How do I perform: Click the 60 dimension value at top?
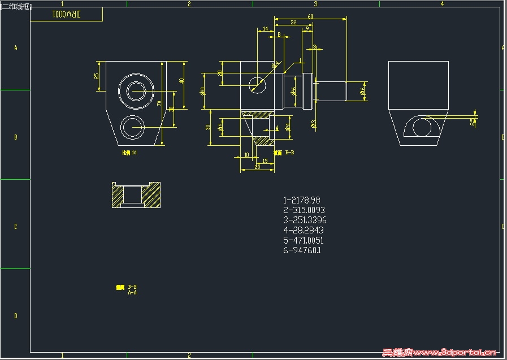(310, 16)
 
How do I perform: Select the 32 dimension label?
(293, 23)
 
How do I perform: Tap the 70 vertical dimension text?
(159, 103)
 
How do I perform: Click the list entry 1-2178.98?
(302, 200)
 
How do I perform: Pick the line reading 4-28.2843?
(303, 230)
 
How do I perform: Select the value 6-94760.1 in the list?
(302, 250)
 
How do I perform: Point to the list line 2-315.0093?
(304, 210)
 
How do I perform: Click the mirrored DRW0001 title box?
(66, 14)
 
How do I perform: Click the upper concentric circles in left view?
(136, 90)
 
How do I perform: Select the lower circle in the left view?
(135, 127)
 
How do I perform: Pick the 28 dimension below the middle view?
(257, 167)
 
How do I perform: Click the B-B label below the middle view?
(289, 153)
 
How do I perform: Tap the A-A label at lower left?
(132, 293)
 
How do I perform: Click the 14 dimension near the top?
(266, 29)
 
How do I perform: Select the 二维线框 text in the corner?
(16, 6)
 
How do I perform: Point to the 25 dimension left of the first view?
(97, 76)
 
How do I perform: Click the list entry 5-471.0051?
(303, 240)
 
